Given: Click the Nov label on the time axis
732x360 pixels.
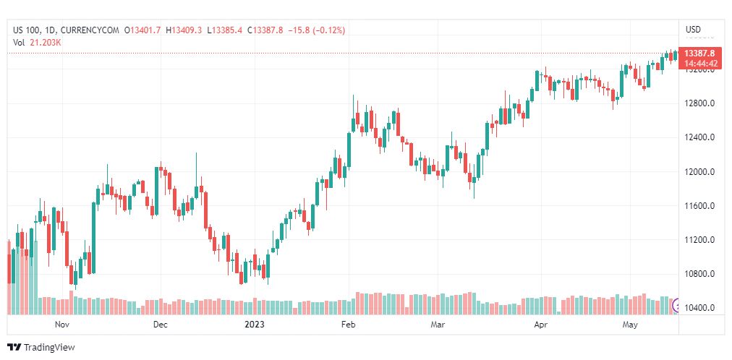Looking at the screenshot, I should [63, 325].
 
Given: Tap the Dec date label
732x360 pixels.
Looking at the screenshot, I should [160, 325].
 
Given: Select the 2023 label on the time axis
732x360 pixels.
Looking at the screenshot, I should [255, 325].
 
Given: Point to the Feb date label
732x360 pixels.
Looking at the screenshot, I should [349, 325].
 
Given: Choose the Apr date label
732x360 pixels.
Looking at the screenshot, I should [540, 325].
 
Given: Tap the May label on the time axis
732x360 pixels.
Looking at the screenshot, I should [631, 325].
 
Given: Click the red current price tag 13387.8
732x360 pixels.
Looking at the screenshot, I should [699, 53].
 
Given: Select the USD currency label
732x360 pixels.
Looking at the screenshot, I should [693, 30].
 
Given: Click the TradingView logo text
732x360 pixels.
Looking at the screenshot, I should [48, 348].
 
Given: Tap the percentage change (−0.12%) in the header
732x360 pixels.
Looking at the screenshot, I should [329, 30].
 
